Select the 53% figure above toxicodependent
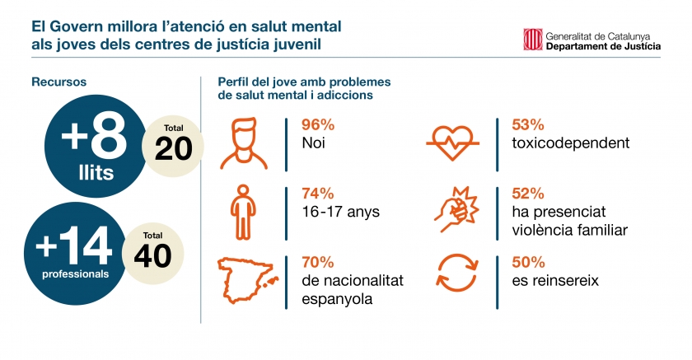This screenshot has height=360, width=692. (x=528, y=125)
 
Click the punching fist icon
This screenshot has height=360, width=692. (x=452, y=211)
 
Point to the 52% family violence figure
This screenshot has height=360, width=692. (x=528, y=194)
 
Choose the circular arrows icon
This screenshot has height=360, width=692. (x=452, y=274)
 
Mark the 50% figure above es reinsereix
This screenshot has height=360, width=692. (x=528, y=263)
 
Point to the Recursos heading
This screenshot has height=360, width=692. (x=59, y=82)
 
